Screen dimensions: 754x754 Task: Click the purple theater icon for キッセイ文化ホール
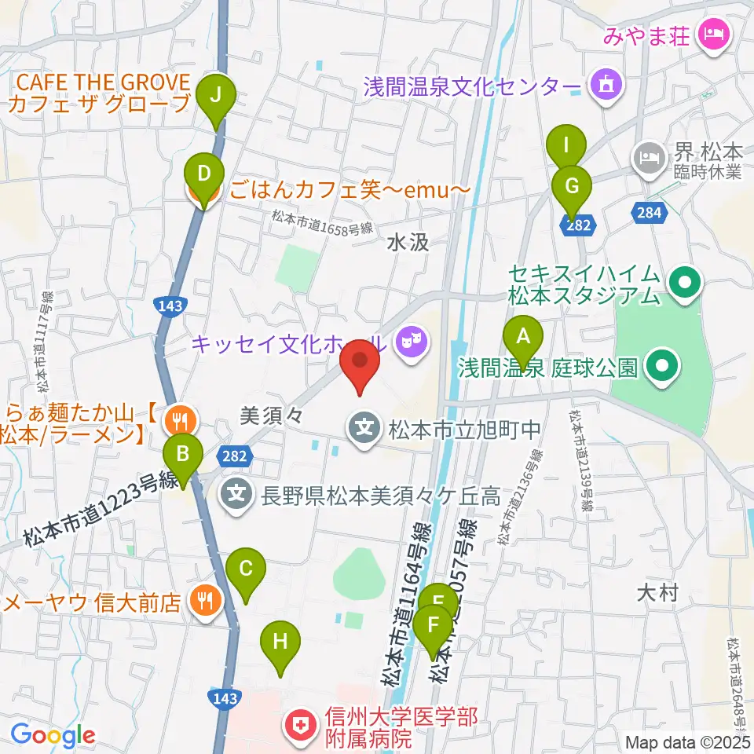408,340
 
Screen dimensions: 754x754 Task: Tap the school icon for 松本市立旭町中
364,430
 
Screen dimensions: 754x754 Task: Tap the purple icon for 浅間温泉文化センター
606,82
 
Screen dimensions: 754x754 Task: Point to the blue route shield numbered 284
651,210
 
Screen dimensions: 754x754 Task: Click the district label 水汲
408,243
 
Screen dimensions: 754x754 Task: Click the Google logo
53,735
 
